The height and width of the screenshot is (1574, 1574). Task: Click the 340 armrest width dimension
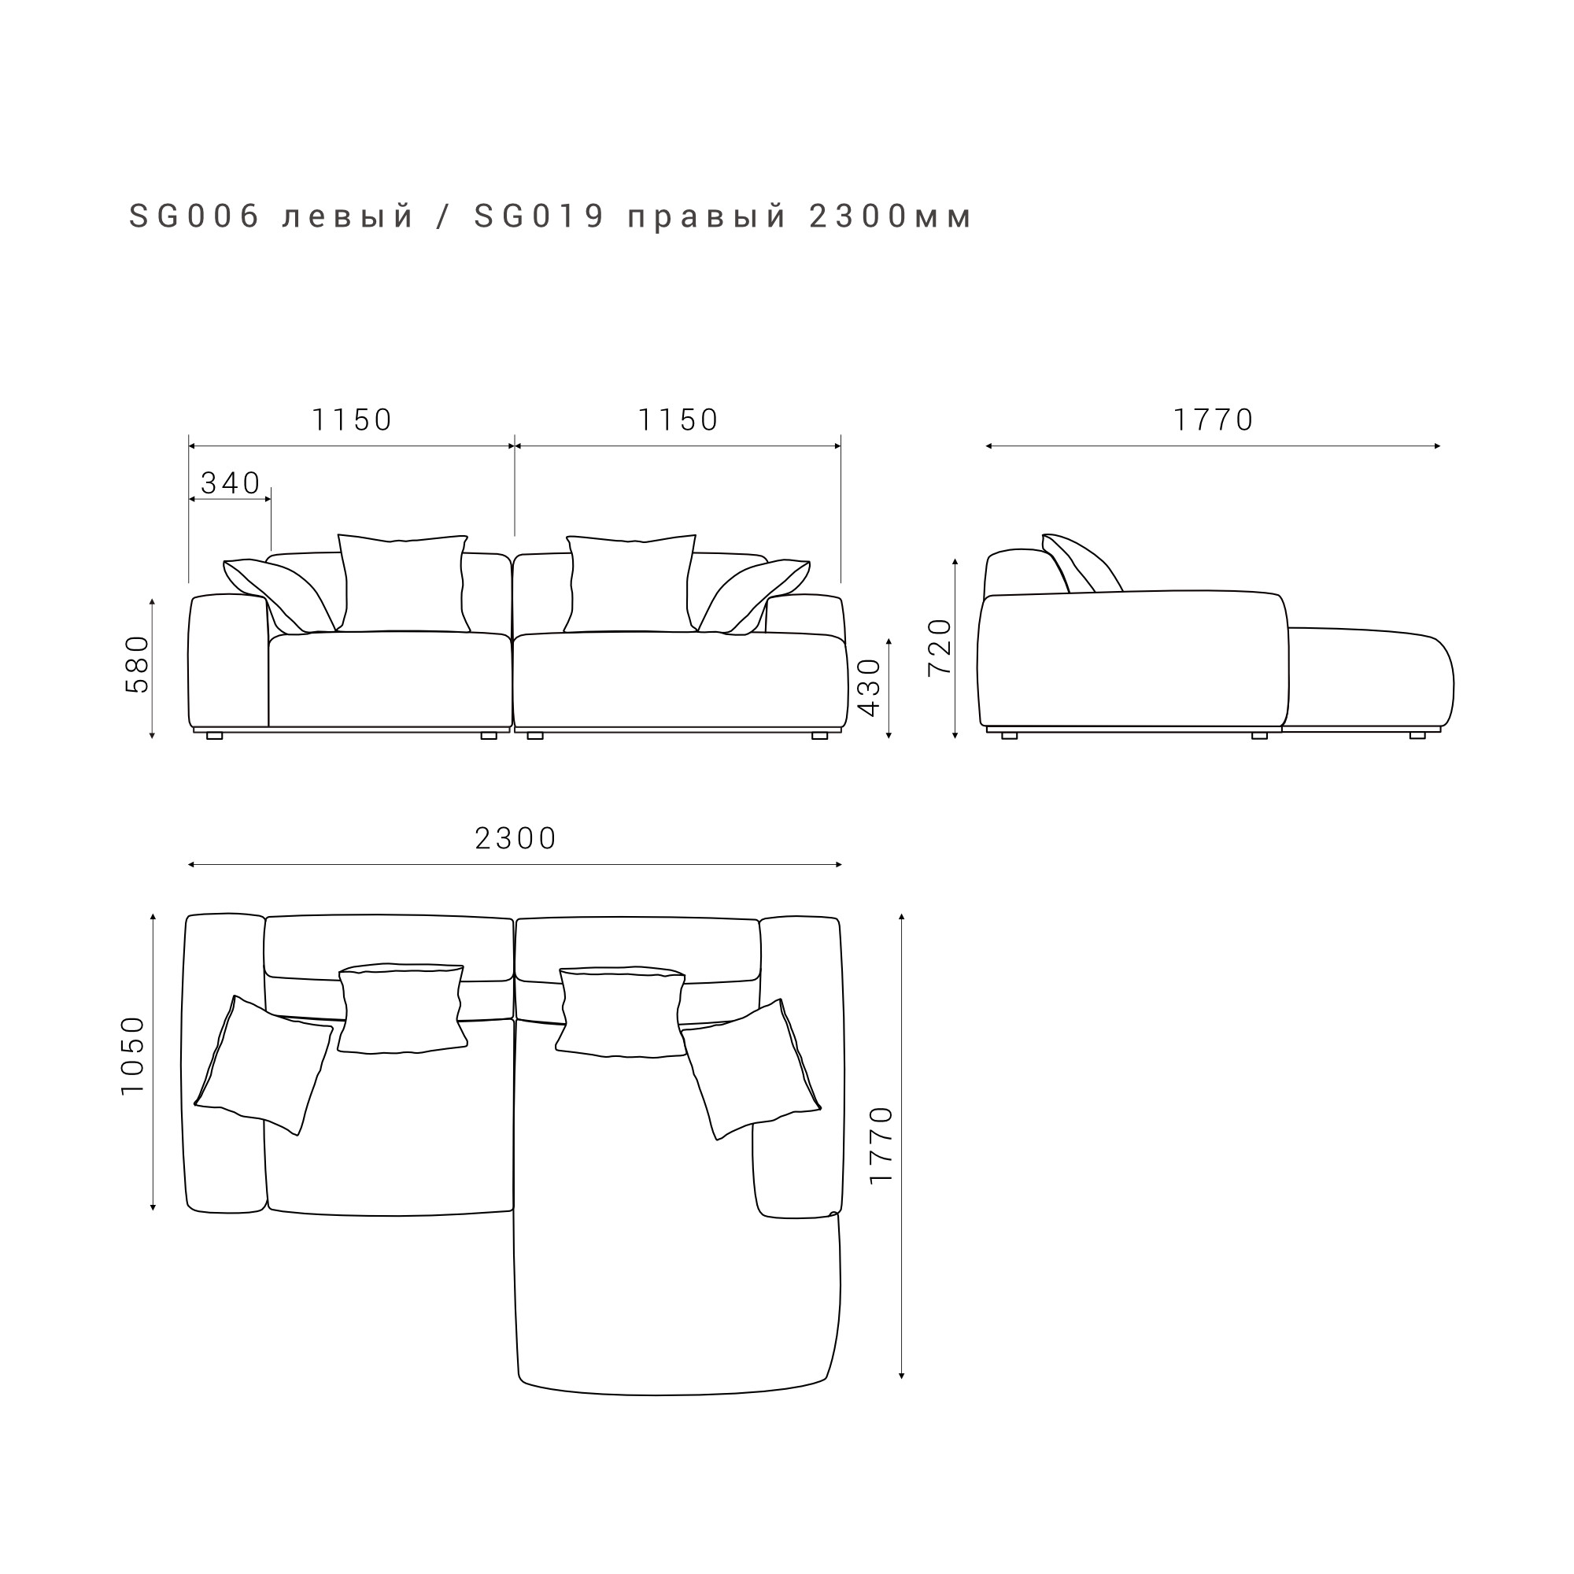coord(231,483)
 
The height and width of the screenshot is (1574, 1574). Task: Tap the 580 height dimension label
coord(138,665)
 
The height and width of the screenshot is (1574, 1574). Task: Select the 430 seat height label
coord(870,688)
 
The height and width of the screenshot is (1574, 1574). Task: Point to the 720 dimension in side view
coord(940,647)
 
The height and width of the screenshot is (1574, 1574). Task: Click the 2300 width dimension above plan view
coord(515,838)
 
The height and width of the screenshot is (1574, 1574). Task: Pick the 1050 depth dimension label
coord(132,1056)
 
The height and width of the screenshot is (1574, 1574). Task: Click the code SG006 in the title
coord(194,216)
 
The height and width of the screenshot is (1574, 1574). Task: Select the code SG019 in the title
coord(539,216)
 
